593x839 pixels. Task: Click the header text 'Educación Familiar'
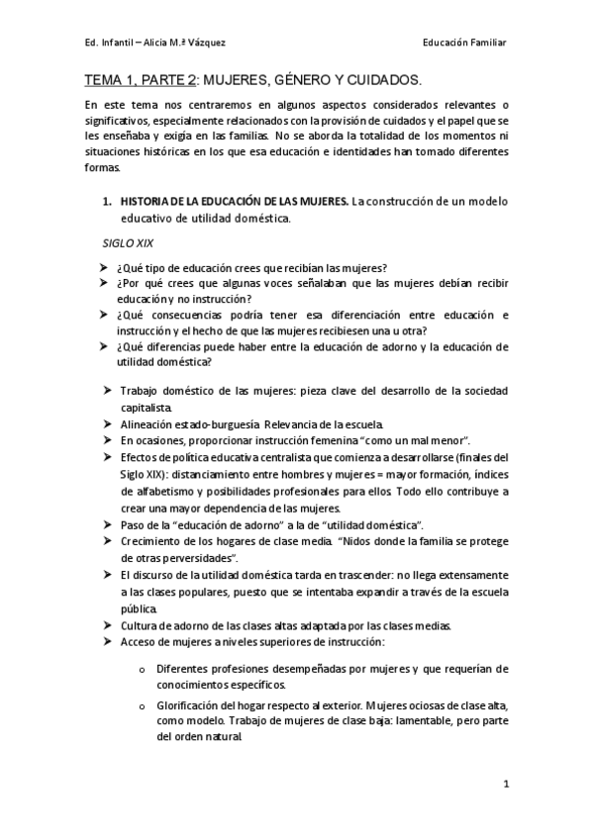click(x=464, y=44)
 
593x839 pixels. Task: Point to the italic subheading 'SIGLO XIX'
click(x=128, y=241)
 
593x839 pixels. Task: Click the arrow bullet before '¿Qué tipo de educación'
click(x=105, y=267)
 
